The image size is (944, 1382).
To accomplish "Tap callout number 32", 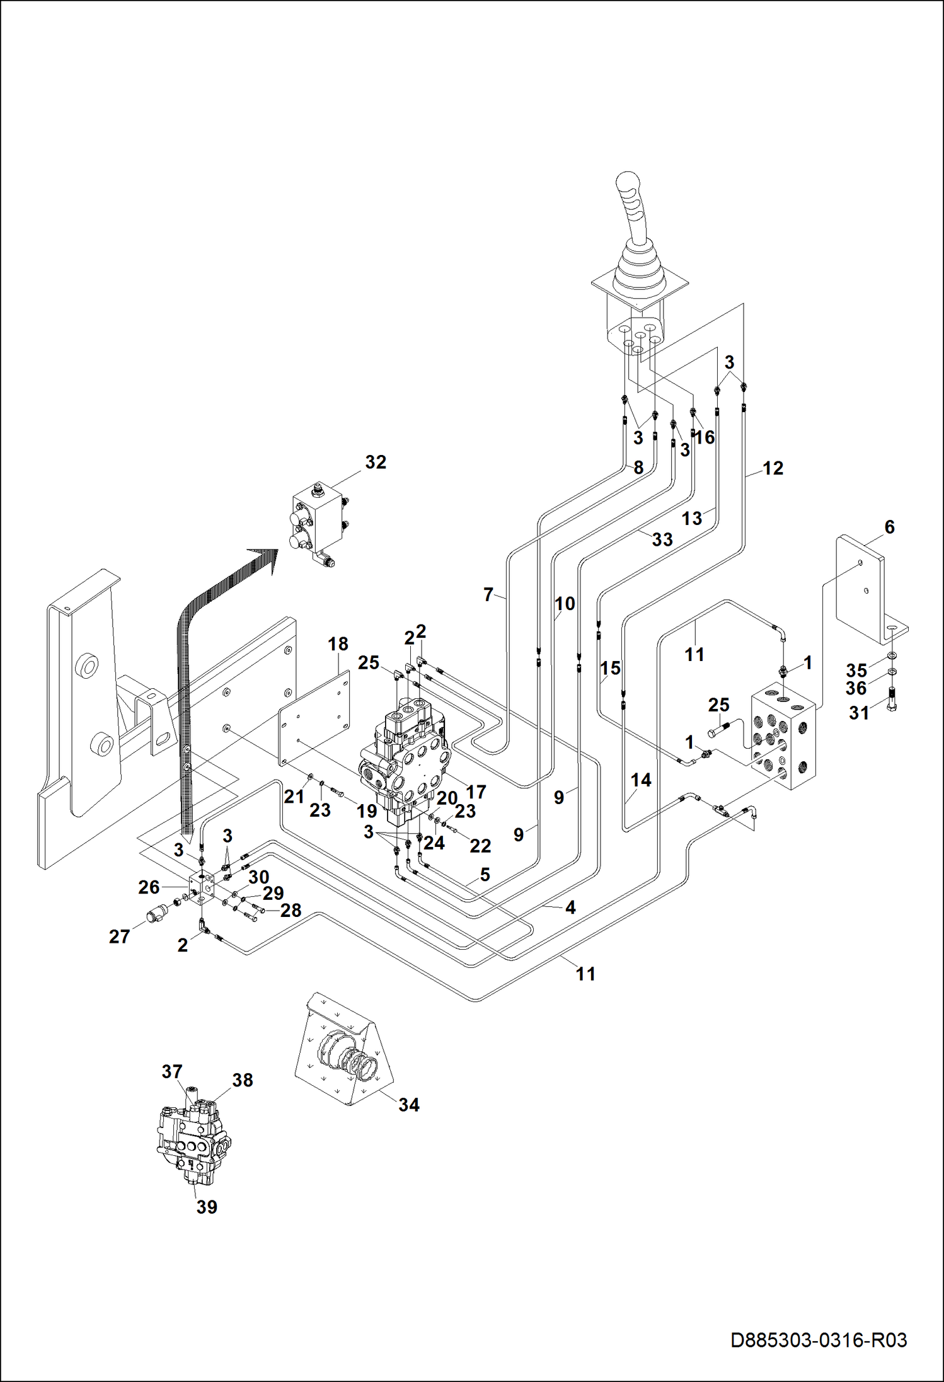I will coord(376,462).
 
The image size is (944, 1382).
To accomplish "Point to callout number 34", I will coord(408,1104).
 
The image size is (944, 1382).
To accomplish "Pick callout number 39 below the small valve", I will coord(207,1206).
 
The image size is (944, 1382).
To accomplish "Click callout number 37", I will coord(172,1071).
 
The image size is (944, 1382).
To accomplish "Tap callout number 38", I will coord(243,1080).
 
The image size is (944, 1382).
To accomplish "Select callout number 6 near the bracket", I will coord(889,527).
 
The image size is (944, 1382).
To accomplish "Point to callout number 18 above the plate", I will coord(338,643).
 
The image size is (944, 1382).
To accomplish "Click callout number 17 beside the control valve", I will coord(476,791).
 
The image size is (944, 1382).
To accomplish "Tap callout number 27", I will coord(119,936).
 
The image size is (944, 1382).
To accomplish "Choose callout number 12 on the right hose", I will coord(773,468).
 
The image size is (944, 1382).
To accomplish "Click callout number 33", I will coord(662,539).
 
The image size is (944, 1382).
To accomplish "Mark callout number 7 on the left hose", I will coord(488,594).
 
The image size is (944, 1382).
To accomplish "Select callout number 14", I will coord(641,780).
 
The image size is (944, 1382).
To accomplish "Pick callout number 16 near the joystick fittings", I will coord(705,437).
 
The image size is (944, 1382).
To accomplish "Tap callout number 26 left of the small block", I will coord(149,887).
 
